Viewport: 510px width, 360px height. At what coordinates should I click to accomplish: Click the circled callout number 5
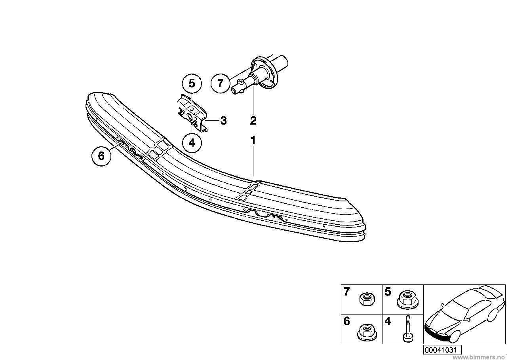point(192,83)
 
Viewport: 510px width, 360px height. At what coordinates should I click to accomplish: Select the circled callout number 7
point(221,83)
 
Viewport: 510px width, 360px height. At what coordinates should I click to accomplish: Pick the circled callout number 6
point(101,156)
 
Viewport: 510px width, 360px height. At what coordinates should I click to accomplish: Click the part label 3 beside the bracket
point(223,121)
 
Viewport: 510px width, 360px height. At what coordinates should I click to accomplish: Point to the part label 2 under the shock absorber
point(253,120)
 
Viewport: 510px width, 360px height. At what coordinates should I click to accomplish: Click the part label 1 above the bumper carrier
point(253,140)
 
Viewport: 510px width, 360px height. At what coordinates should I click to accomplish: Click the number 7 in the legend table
point(347,292)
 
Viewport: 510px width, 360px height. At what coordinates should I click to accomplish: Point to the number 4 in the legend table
point(388,321)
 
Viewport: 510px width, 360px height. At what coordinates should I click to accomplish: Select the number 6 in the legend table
point(347,321)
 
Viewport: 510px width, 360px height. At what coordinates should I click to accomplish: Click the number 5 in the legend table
point(388,292)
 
